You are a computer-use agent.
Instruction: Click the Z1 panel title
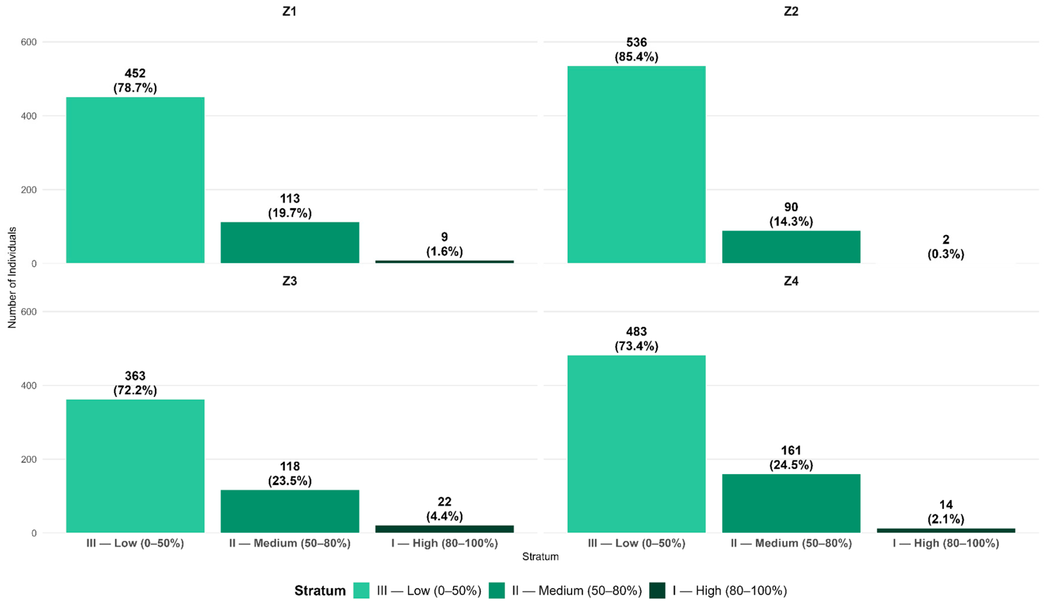tap(289, 11)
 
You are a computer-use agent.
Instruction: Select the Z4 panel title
tap(791, 281)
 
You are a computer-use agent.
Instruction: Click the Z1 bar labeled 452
tap(135, 180)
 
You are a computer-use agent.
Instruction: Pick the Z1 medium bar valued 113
tap(290, 242)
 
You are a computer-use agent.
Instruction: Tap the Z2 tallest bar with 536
tap(636, 164)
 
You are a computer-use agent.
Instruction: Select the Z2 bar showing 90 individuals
tap(791, 247)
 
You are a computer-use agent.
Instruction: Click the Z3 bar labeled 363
tap(135, 466)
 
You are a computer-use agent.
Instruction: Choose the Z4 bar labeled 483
tap(636, 444)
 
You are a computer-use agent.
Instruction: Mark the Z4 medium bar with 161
tap(791, 503)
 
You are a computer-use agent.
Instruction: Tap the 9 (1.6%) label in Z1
tap(445, 244)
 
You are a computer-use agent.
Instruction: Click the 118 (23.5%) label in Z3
tap(290, 473)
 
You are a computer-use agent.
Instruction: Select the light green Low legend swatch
tap(361, 590)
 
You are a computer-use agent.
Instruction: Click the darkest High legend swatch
tap(657, 590)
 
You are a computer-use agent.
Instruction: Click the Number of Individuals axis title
tap(12, 277)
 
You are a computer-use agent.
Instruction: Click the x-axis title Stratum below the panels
tap(540, 557)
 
